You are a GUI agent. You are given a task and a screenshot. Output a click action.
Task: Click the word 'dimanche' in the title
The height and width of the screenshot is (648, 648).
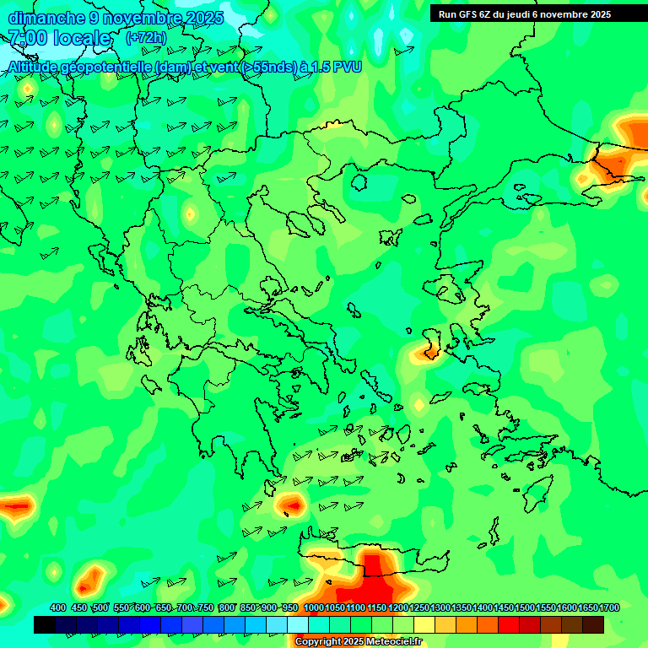pos(43,18)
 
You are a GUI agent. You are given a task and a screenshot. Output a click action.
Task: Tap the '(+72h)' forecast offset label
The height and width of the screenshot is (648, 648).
pos(146,37)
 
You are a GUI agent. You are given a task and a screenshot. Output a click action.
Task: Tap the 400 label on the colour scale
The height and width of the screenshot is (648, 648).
pos(57,607)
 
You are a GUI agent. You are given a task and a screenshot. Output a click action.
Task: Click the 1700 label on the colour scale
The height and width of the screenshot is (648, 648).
pos(609,607)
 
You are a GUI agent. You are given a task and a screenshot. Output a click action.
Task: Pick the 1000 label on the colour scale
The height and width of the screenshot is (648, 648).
pos(314,607)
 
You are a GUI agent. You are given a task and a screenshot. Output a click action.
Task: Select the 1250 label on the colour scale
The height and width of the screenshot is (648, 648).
pos(419,607)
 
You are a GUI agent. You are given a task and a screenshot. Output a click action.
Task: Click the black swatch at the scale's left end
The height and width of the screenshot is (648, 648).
pos(45,624)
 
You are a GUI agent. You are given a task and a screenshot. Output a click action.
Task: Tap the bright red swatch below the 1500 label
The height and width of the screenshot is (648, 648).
pos(509,624)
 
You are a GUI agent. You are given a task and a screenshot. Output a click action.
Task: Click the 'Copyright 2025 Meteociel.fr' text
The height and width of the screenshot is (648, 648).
pos(358,641)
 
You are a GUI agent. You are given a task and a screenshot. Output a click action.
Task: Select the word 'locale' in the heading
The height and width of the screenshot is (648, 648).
pos(82,38)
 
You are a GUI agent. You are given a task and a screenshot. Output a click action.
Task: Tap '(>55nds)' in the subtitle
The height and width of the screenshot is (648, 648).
pos(267,67)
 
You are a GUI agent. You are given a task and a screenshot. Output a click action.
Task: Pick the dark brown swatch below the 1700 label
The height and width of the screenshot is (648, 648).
pos(593,624)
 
